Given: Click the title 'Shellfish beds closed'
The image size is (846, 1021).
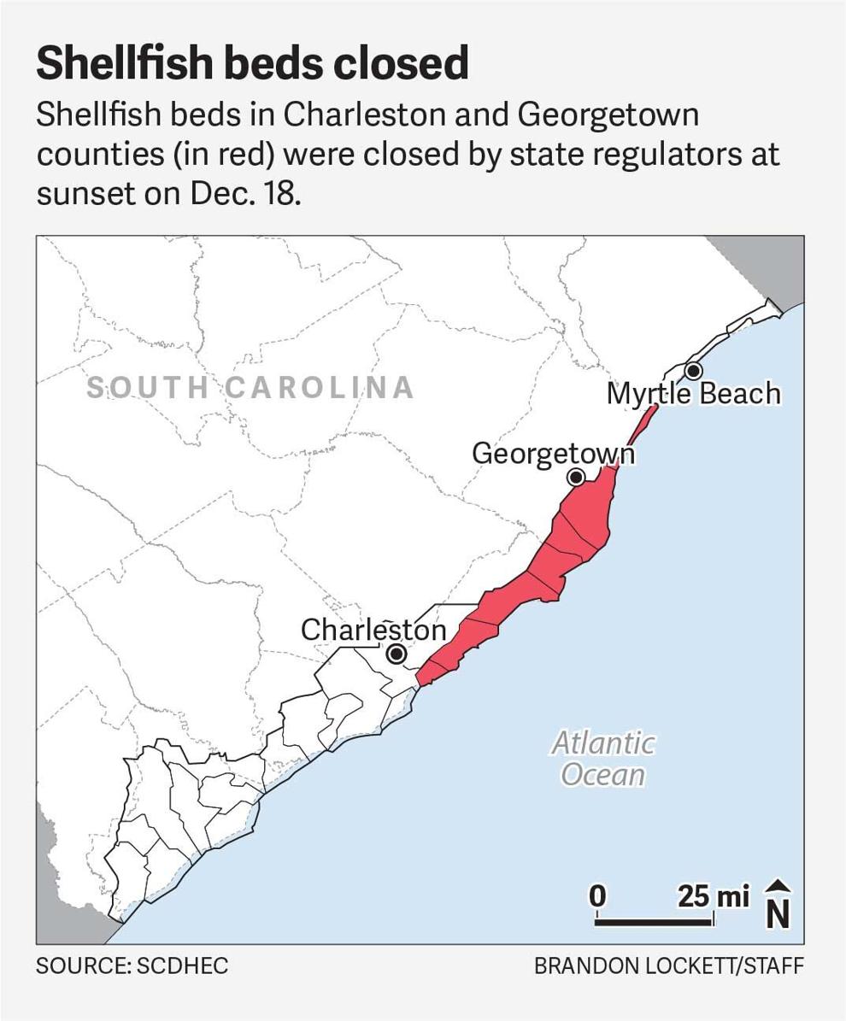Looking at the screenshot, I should coord(252,63).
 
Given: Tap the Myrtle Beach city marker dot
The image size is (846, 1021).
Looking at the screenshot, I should coord(693,371).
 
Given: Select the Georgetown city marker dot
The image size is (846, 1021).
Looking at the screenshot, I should coord(577,477).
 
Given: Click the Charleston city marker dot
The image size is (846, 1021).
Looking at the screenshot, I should coord(396,654).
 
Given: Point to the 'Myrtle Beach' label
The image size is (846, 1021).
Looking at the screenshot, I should coord(693,394).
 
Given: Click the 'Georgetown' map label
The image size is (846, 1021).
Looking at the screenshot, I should coord(553,453).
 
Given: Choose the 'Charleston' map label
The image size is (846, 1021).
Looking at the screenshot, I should coord(373,631).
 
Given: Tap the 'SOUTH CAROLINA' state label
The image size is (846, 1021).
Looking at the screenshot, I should coord(250,388).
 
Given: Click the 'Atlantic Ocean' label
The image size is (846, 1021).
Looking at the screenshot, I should coord(603,759).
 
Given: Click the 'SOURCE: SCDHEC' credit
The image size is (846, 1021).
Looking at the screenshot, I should coord(132,966).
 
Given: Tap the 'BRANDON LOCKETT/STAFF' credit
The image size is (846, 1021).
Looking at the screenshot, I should coord(668,966).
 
